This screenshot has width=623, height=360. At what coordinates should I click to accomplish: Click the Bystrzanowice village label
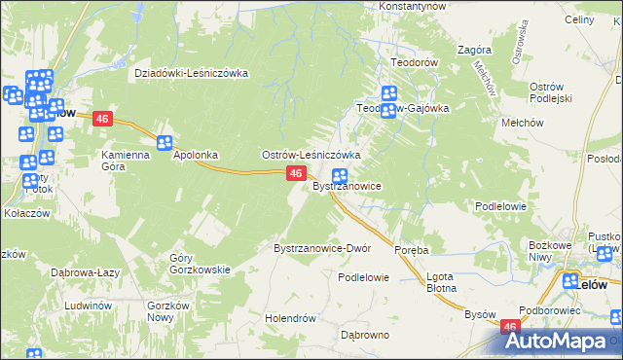coord(346,186)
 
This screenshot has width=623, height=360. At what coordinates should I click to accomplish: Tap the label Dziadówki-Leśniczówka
coord(192,73)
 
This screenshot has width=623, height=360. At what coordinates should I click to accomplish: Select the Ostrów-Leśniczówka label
coord(311,155)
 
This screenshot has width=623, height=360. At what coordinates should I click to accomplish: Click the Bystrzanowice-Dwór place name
coord(322,248)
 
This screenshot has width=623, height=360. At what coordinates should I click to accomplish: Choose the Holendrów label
coord(291,318)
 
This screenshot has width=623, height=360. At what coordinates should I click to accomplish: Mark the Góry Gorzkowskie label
coord(200,264)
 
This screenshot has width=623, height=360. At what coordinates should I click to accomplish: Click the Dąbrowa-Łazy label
coord(87,272)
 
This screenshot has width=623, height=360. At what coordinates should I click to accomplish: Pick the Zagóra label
coord(472,50)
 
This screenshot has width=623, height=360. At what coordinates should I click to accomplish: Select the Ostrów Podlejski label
coord(553,93)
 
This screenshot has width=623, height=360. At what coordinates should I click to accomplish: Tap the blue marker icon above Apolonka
coord(165,142)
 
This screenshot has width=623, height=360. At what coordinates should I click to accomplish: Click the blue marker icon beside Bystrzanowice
coord(342,177)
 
